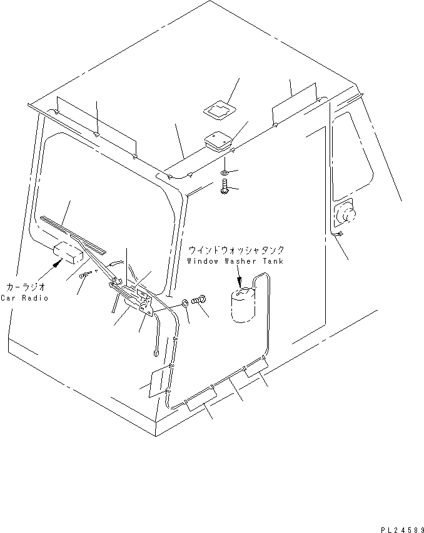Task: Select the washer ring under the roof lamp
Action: [225, 171]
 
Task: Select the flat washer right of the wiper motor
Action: [186, 303]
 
